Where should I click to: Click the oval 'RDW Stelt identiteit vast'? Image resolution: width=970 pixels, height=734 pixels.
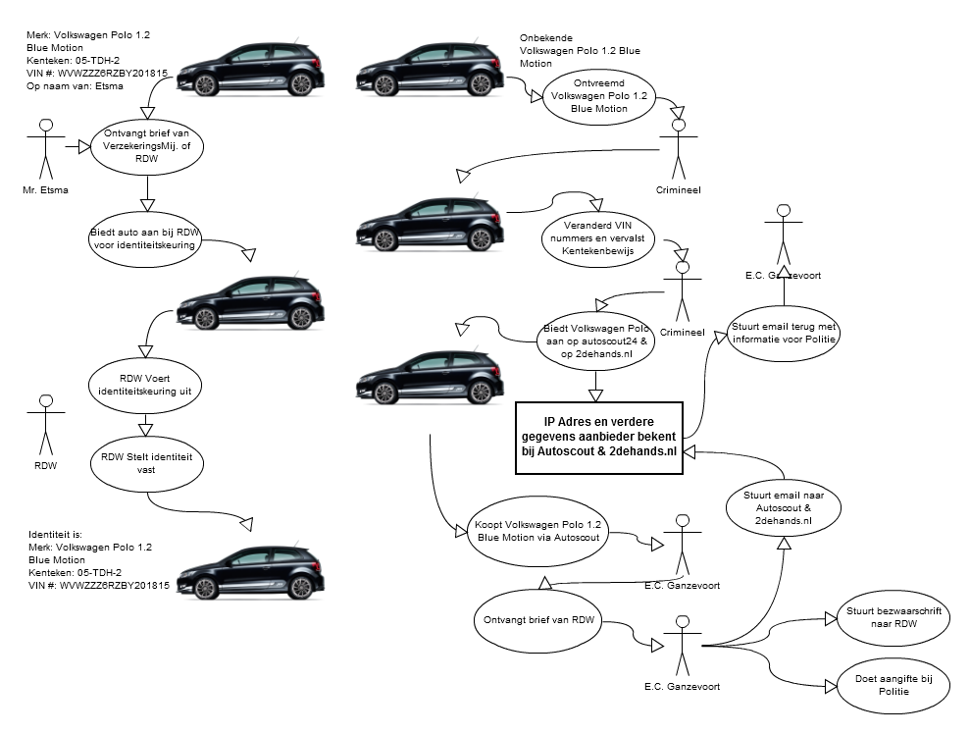[x=146, y=462]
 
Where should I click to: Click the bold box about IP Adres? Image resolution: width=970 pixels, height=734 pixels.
[x=598, y=437]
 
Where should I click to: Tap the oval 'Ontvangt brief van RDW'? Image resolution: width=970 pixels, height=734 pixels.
[x=540, y=619]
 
